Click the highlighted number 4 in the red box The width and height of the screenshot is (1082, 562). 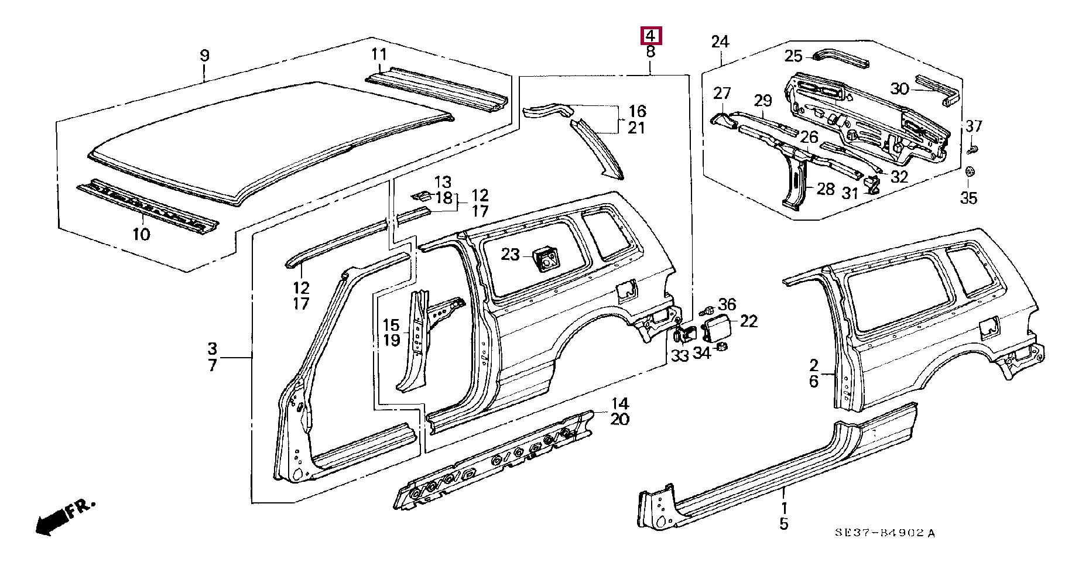[650, 36]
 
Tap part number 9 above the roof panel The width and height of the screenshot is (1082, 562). [204, 56]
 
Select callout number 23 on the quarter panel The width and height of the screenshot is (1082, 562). [510, 254]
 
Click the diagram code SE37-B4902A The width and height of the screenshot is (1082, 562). [885, 532]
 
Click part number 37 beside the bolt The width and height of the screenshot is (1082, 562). [974, 126]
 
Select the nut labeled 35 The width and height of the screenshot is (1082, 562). [969, 172]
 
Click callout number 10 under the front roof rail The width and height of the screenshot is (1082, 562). [141, 234]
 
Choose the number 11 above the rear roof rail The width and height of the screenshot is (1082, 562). [379, 54]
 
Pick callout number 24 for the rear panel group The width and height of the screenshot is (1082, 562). [720, 42]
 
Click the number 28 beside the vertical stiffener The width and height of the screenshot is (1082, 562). [825, 189]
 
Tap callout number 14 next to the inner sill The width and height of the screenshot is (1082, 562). [619, 403]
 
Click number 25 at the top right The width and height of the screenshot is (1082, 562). [793, 56]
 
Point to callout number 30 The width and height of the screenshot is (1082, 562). [899, 89]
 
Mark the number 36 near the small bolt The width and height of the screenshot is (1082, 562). [727, 304]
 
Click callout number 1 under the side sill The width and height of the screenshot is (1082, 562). [784, 508]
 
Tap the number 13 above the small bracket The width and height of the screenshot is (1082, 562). [443, 182]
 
